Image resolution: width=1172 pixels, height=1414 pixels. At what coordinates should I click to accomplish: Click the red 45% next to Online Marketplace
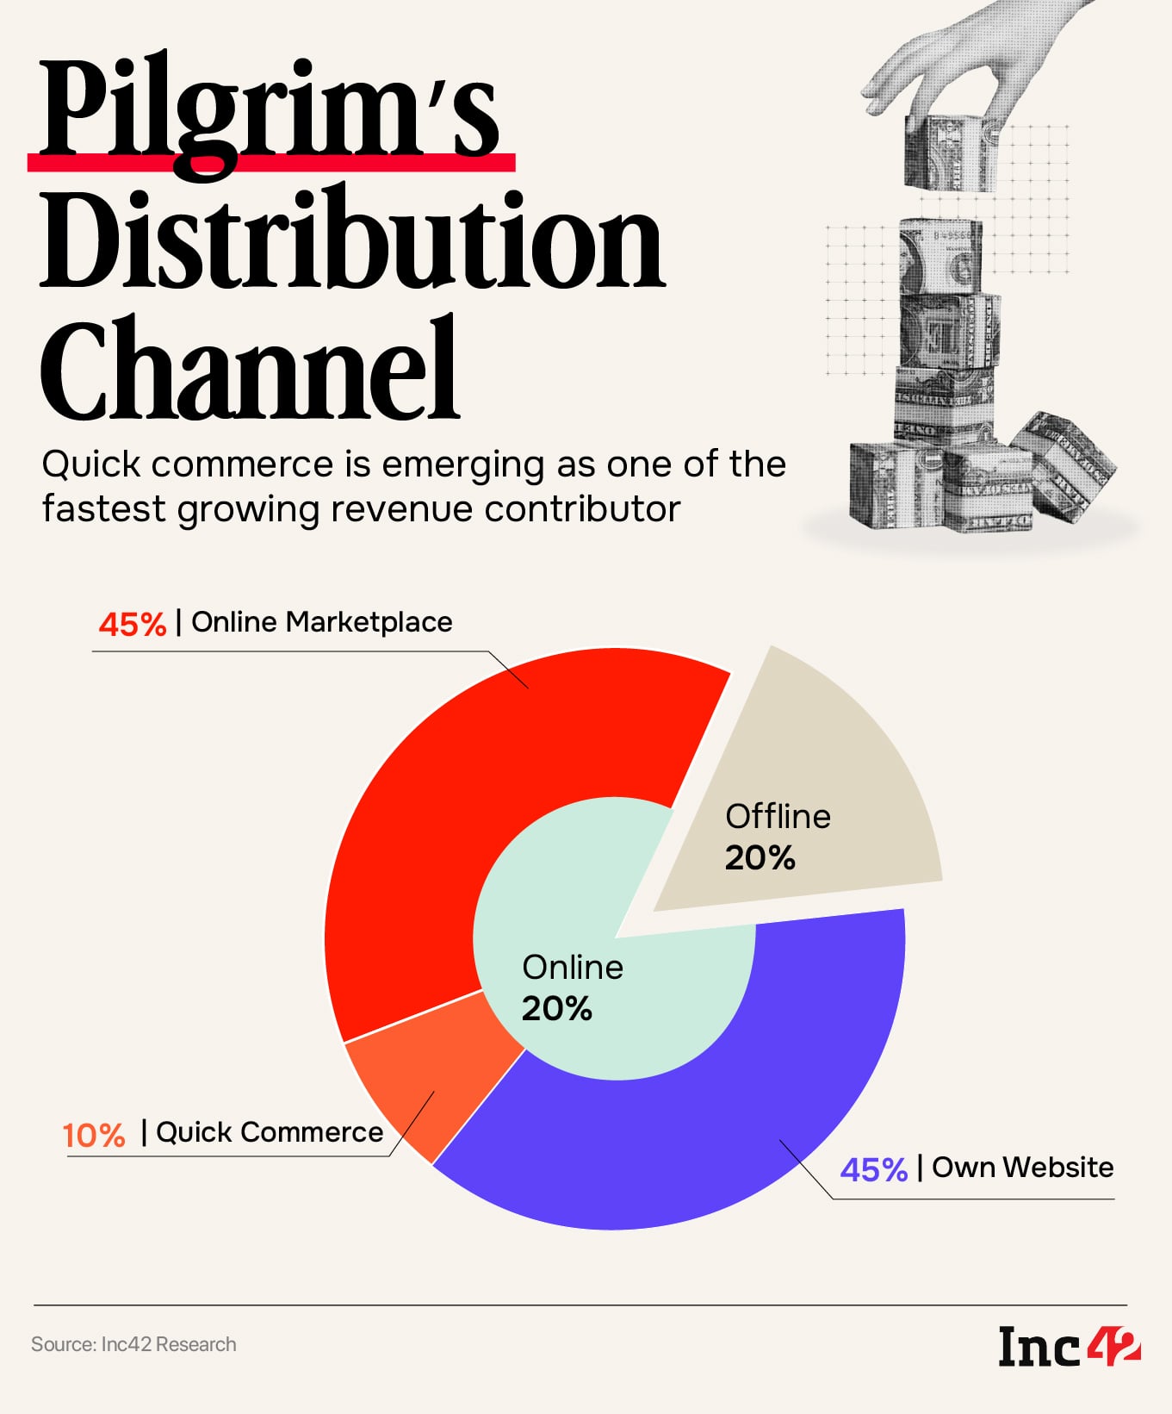[132, 624]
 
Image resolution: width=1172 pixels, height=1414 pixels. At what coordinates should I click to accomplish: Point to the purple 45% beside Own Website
[873, 1169]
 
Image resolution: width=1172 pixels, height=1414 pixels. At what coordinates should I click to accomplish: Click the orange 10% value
[94, 1135]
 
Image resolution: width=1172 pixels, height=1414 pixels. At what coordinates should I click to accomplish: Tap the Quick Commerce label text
[270, 1131]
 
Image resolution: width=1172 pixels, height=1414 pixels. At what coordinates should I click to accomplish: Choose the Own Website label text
[1022, 1167]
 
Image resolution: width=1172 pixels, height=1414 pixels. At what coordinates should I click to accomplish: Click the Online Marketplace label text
[321, 621]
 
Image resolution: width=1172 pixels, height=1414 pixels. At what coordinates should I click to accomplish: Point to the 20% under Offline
[760, 857]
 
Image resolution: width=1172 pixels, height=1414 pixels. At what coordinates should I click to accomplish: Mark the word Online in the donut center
[573, 967]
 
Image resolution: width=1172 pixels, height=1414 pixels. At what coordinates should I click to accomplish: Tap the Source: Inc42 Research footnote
[133, 1344]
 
